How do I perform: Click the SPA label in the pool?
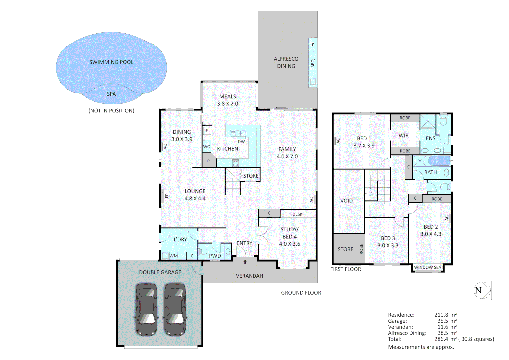pos(111,94)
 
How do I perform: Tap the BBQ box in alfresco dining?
pos(313,63)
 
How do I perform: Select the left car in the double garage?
pos(146,310)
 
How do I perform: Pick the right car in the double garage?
pos(174,310)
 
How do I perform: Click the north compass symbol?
pos(482,290)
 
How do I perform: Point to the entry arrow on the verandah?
pos(245,262)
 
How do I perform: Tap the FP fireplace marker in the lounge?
pos(165,196)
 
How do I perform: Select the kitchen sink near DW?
pos(238,133)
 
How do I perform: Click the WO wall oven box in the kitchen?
pos(207,147)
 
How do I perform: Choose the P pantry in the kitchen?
pos(208,161)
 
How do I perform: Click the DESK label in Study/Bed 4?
pos(297,214)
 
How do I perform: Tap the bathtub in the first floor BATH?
pos(439,161)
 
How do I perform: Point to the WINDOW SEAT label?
pos(428,267)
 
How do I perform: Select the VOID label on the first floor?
pos(346,201)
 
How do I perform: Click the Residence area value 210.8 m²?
pos(445,315)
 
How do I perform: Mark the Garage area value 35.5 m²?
pos(447,321)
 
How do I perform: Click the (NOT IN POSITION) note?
pos(111,111)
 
